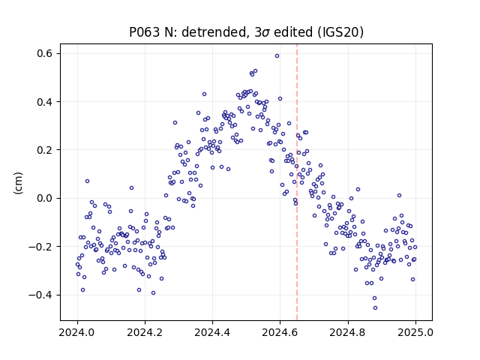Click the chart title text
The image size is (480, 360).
pos(247,32)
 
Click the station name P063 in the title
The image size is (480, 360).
pos(145,32)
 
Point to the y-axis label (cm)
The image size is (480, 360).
pos(18,183)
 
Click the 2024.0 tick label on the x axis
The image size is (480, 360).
pos(77,332)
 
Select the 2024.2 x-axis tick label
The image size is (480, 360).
pos(145,332)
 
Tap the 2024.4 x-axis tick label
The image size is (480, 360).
pos(212,332)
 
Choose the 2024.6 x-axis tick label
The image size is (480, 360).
pos(280,332)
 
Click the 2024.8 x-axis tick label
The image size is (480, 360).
pos(348,332)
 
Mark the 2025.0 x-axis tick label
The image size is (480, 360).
pos(415,332)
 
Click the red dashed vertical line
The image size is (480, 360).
pos(297,182)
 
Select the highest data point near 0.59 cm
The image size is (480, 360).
pos(277,56)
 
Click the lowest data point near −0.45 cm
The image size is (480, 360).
pos(375,308)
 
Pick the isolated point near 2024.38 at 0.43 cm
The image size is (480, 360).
pos(204,94)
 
